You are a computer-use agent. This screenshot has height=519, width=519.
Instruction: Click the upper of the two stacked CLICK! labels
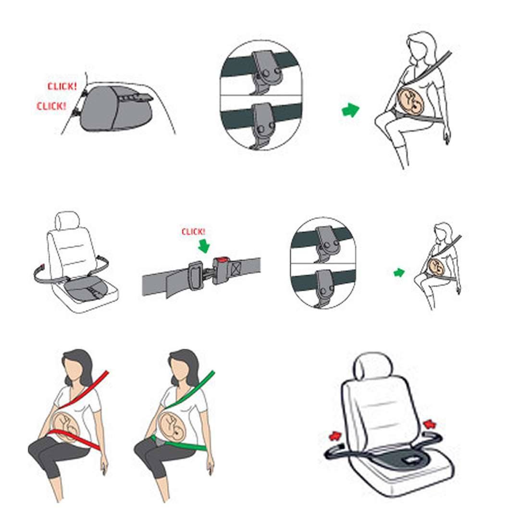[x=62, y=86]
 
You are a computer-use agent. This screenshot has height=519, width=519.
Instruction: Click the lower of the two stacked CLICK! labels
[x=51, y=106]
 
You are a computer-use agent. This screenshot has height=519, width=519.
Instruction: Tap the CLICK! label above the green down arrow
[x=194, y=232]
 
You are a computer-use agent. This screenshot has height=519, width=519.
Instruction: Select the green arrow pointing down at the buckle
[x=204, y=246]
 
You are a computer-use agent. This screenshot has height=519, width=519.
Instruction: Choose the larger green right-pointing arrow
[x=350, y=110]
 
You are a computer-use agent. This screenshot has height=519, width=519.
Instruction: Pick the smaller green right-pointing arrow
[x=398, y=272]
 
